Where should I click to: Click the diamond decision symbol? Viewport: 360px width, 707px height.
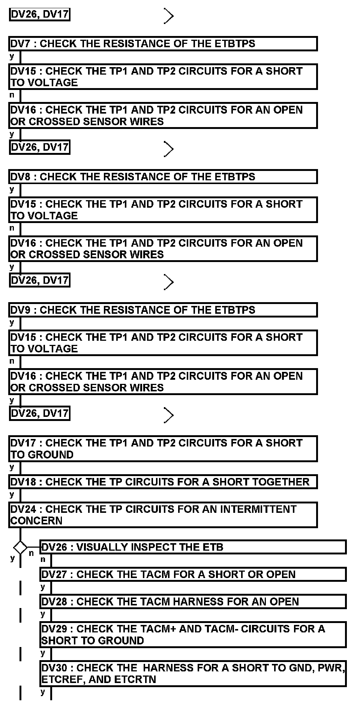click(20, 547)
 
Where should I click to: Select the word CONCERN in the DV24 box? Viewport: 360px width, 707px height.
click(36, 521)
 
